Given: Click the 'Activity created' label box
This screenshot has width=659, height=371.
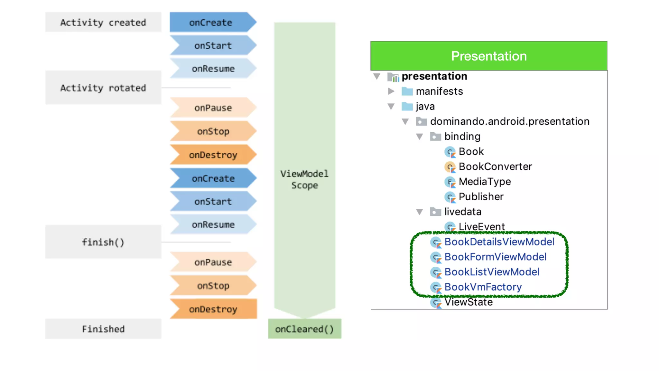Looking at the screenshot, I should pos(103,22).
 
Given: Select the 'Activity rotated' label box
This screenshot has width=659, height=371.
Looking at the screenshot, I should pos(103,88).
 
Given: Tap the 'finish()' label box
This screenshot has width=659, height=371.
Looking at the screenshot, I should pos(103,242).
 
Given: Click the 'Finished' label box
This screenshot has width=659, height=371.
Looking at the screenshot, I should pos(103,329).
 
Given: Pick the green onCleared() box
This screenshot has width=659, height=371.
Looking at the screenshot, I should pos(304,329).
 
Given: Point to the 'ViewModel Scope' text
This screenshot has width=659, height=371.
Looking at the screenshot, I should pos(304,179).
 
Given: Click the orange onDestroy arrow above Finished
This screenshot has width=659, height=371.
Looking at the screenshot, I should pos(213,309).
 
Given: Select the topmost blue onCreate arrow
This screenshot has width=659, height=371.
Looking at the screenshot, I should pos(211,22).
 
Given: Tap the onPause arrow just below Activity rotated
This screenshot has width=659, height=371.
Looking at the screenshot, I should pos(213,108).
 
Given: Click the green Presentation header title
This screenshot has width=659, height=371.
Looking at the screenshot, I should pos(488,56).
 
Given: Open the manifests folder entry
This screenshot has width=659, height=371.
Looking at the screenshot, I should pos(439,91).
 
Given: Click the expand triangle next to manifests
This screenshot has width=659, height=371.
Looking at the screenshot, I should pos(391,91).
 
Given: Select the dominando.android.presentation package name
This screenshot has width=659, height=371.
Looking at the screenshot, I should pos(509,121).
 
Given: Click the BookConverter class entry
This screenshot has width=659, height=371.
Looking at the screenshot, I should pos(495,166).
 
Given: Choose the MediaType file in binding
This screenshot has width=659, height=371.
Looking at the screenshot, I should pos(484,182).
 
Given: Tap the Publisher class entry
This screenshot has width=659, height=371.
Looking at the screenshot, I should pos(481,197).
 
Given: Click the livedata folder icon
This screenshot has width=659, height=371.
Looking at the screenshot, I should pos(435,212).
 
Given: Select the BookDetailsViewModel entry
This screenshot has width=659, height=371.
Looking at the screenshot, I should pos(499,242).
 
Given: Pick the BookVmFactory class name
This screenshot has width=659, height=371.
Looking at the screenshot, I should pos(483,287).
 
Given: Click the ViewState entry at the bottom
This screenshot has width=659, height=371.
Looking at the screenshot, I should pos(468,302).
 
